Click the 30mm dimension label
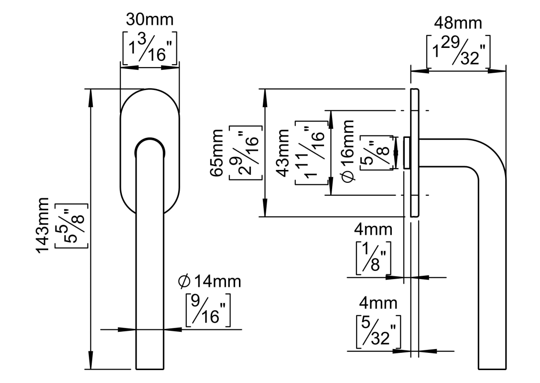click(x=150, y=20)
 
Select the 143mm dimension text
click(x=43, y=225)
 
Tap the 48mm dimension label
click(x=458, y=23)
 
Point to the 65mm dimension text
click(x=217, y=153)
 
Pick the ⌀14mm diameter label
click(x=209, y=282)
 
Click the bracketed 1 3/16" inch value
click(x=150, y=48)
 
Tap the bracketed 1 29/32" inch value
click(x=458, y=52)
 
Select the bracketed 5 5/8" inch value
click(x=72, y=226)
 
